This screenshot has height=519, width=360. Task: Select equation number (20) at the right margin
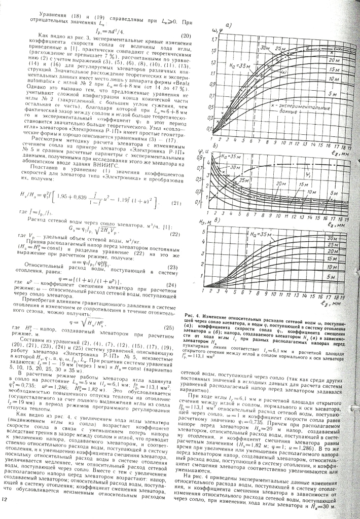(185, 35)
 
